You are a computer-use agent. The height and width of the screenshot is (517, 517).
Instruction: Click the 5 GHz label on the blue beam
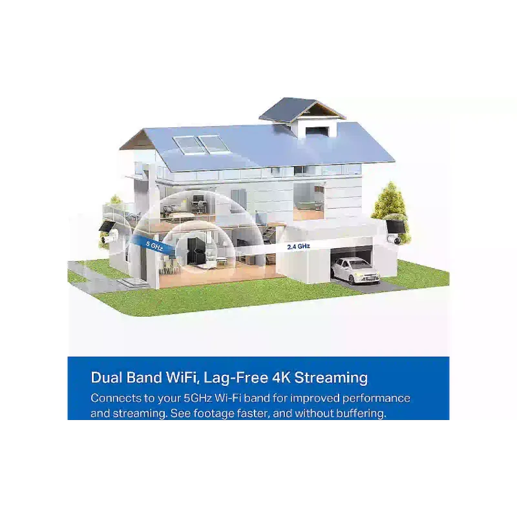(154, 246)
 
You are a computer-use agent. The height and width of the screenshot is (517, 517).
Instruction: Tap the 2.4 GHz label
(299, 246)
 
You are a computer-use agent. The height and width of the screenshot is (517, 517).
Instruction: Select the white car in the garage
(355, 271)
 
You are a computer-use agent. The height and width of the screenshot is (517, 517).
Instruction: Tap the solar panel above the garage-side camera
(396, 226)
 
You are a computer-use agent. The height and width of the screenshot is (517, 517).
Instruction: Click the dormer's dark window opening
(317, 130)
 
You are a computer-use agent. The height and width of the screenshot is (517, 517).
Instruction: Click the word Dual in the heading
(106, 377)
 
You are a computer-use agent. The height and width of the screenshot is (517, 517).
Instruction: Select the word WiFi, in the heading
(182, 378)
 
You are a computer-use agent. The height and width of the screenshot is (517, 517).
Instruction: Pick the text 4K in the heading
(282, 377)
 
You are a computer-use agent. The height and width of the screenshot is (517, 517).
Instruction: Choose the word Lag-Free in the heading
(236, 378)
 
